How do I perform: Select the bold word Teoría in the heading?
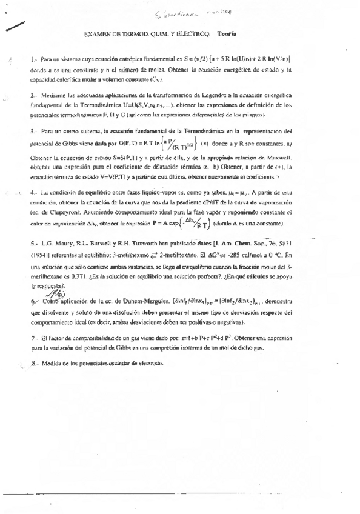227,36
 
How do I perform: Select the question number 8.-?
34,362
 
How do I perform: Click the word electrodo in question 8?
150,362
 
